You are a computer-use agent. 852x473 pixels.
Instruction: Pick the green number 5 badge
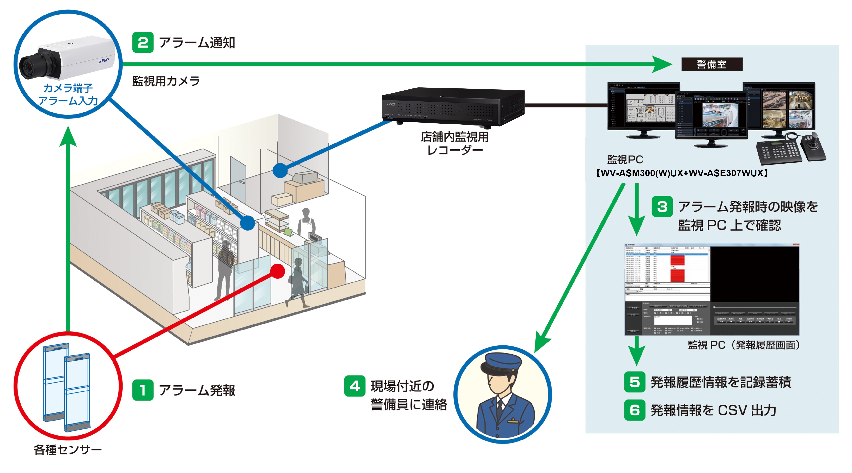click(634, 382)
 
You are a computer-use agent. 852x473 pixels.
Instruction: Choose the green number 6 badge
click(634, 410)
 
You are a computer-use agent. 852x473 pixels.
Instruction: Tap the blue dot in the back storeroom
click(280, 170)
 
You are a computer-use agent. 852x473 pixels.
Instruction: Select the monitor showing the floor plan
click(643, 107)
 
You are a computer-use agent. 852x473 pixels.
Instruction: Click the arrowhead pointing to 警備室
click(661, 64)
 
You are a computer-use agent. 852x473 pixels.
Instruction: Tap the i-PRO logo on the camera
click(104, 61)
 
